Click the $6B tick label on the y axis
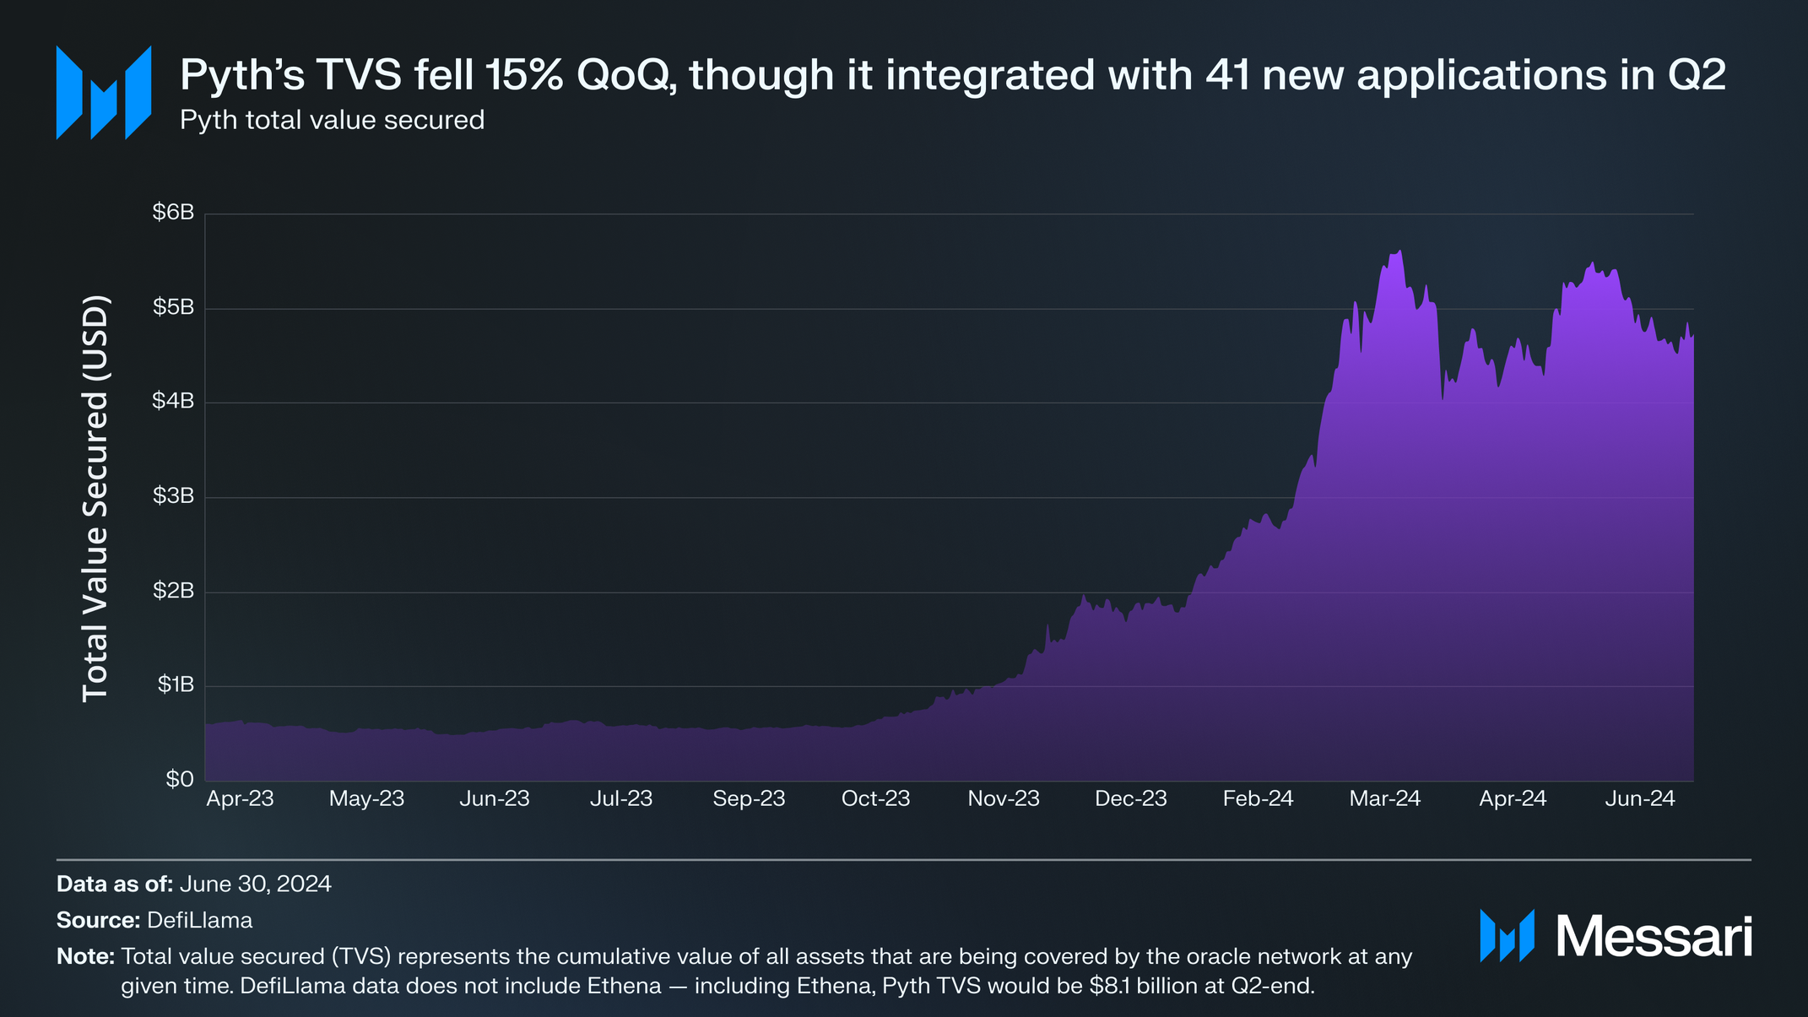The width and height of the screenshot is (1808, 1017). coord(173,213)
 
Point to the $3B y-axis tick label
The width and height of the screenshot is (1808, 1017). coord(173,496)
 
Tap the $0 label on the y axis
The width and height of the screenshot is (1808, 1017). coord(179,779)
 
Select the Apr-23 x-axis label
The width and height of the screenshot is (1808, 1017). coord(240,798)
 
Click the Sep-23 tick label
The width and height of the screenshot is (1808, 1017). coord(749,798)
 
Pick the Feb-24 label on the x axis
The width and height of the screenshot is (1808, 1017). coord(1258,798)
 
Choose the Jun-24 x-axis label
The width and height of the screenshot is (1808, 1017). coord(1639,798)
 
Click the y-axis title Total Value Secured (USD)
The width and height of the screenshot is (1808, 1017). coord(95,498)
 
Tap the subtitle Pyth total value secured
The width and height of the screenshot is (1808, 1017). coord(332,120)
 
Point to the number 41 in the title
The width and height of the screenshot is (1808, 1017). coord(1230,75)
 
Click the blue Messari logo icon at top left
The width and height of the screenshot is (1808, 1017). coord(103,92)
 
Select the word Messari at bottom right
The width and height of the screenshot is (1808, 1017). coord(1654,936)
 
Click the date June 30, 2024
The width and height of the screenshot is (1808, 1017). coord(255,884)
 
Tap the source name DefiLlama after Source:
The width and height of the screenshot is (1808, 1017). coord(199,920)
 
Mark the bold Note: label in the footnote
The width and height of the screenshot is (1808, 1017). coord(85,956)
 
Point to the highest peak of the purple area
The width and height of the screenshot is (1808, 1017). coord(1399,252)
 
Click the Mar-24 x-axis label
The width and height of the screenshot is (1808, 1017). coord(1384,798)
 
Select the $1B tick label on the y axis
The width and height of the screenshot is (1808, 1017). coord(176,684)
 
